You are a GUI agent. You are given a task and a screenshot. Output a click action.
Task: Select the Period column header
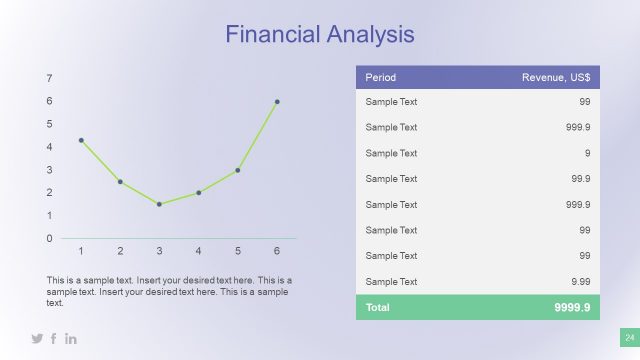381,78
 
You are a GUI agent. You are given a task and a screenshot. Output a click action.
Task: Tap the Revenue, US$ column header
556,78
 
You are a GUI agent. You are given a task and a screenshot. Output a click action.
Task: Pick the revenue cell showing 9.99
579,282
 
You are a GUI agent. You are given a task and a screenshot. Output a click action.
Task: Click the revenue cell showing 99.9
579,179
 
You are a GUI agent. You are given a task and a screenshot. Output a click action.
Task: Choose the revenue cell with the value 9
586,153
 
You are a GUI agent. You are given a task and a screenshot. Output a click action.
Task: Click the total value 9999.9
572,307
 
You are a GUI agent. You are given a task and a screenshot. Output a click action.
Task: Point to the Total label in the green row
378,307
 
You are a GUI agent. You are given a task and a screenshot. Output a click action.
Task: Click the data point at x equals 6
277,102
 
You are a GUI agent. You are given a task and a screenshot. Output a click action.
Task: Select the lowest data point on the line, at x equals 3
159,204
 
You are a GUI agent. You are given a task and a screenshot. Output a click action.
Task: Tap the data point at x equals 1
81,140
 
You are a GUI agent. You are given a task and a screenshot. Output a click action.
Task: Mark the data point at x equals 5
238,170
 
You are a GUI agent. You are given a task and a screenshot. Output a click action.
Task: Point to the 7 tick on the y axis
50,78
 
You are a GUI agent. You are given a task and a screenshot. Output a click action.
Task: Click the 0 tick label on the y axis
50,238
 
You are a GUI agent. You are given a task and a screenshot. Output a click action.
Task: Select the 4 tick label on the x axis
198,250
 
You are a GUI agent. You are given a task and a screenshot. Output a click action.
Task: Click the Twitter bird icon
37,339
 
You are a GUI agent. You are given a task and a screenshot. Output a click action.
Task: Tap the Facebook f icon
54,339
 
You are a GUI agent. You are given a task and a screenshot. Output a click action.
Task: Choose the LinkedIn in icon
71,339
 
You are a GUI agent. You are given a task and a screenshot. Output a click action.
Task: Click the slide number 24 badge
630,337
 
